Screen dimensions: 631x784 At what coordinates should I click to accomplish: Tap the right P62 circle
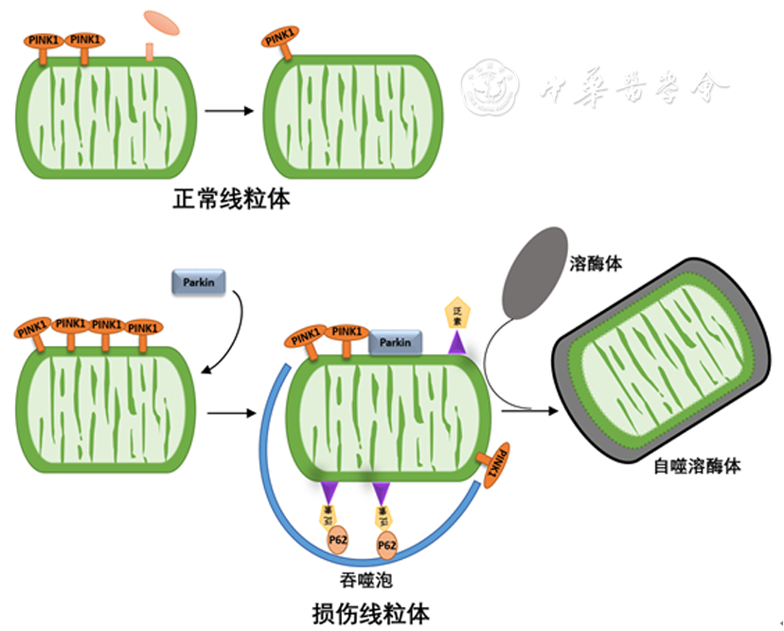coord(386,546)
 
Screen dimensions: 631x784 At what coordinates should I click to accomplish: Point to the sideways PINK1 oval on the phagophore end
coord(498,464)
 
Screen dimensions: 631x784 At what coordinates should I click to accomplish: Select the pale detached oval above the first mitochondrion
coord(160,22)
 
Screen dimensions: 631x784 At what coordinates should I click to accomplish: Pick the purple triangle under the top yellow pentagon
coord(458,347)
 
